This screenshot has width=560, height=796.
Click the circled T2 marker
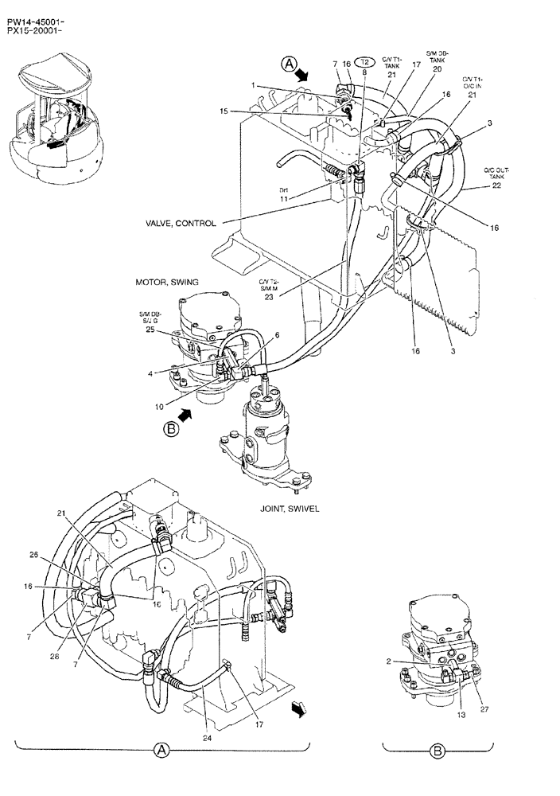pos(364,62)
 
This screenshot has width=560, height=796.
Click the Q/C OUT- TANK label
pos(496,172)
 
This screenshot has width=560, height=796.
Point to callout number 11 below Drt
pos(283,199)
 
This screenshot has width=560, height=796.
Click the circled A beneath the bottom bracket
pos(161,750)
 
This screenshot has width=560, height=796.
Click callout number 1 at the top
pos(253,86)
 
